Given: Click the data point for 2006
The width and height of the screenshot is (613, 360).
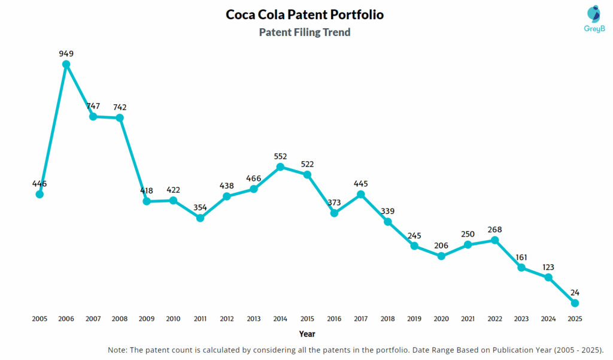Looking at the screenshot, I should click(x=66, y=64).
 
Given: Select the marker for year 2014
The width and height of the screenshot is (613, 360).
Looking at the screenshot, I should click(x=281, y=167).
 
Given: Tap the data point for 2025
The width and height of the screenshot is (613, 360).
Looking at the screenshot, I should click(x=575, y=303).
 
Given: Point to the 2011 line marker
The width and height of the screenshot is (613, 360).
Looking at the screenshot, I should click(x=201, y=218).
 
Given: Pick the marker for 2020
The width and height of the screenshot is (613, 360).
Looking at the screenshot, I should click(x=441, y=256).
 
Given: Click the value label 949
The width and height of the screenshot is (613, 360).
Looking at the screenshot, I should click(x=66, y=53).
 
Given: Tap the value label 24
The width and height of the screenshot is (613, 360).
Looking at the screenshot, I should click(x=575, y=292).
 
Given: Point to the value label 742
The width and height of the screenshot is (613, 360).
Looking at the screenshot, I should click(x=120, y=107).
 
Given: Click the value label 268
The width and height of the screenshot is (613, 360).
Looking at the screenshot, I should click(x=494, y=229).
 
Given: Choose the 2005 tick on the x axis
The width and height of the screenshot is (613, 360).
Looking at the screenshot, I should click(x=40, y=319).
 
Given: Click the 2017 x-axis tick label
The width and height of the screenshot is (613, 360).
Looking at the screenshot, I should click(x=361, y=319).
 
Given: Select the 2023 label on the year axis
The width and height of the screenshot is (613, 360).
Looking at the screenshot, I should click(x=521, y=319).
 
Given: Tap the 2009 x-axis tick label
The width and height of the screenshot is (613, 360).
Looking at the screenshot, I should click(x=147, y=319).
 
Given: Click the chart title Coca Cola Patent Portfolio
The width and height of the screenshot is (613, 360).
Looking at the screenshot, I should click(x=305, y=14).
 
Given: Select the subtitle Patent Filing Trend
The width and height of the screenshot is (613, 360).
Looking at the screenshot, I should click(x=305, y=32).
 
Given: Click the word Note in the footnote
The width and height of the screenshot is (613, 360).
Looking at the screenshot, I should click(x=117, y=349).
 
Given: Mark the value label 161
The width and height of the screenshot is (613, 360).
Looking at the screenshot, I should click(x=521, y=257).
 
